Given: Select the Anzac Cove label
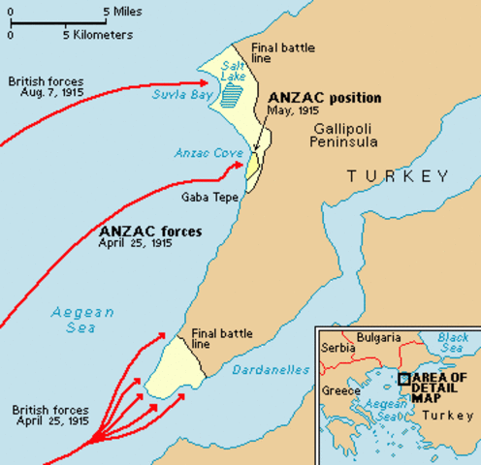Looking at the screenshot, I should (x=207, y=153).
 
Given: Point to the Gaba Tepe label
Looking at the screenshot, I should (x=205, y=195).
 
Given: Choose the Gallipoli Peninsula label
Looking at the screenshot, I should (x=329, y=136).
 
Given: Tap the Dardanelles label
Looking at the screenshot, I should (x=271, y=370).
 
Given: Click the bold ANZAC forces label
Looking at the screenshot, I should (x=150, y=232).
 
